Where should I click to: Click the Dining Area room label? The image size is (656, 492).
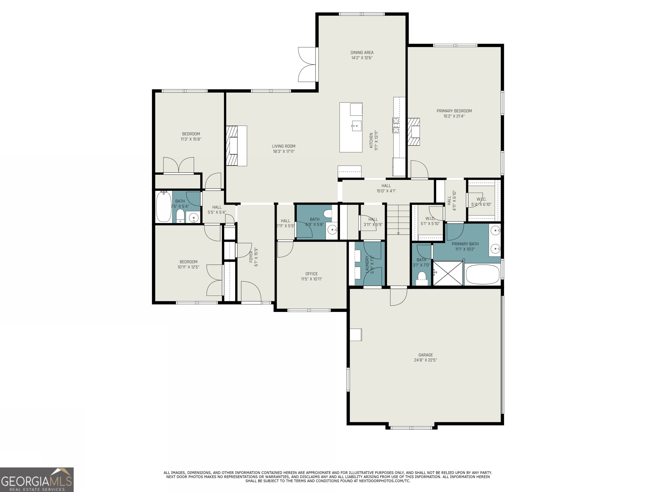pyautogui.click(x=362, y=53)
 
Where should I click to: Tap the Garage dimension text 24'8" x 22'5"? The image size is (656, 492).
pyautogui.click(x=425, y=360)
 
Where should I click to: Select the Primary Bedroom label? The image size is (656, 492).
pyautogui.click(x=454, y=111)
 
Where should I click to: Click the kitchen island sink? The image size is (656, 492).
pyautogui.click(x=356, y=126)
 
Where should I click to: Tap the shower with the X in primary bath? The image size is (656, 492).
pyautogui.click(x=448, y=273)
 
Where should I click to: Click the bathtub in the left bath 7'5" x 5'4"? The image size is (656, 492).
pyautogui.click(x=164, y=207)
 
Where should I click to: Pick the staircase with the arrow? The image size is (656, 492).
pyautogui.click(x=398, y=220)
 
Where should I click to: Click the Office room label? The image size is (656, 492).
pyautogui.click(x=311, y=274)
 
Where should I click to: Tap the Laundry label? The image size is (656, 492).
pyautogui.click(x=367, y=264)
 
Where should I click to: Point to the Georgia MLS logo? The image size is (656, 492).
pyautogui.click(x=37, y=480)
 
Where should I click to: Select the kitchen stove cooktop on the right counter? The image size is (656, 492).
pyautogui.click(x=396, y=125)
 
